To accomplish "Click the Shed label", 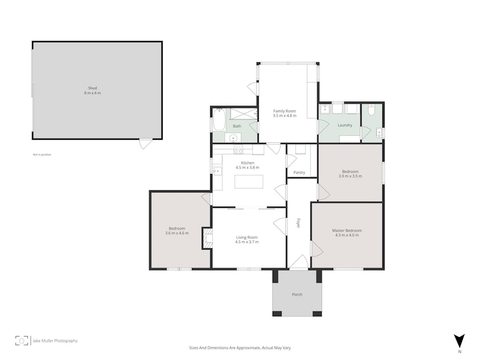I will tap(93, 88).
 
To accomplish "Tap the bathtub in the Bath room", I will tap(219, 120).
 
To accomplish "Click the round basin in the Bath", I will tap(233, 138).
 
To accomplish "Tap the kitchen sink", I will tap(217, 171).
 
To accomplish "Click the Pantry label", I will tap(299, 172).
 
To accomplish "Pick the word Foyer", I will tap(299, 223).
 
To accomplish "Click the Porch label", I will tap(297, 294).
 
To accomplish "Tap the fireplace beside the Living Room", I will tap(206, 238).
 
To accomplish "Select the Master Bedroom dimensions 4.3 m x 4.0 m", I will tap(347, 235).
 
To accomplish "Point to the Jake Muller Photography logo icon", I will tap(21, 340).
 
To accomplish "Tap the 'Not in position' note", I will tap(42, 155).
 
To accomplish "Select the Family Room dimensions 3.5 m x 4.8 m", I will tap(284, 116).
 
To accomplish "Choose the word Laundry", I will tap(345, 125).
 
